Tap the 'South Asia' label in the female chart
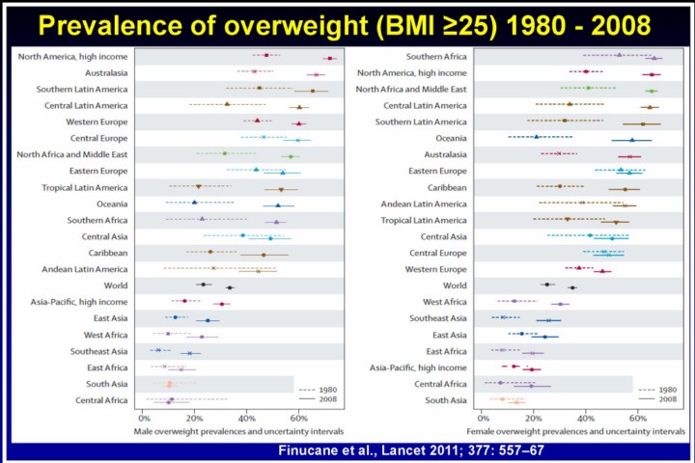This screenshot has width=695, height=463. point(446,399)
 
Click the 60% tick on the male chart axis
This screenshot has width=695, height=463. point(298,418)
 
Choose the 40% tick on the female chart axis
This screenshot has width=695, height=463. point(586,418)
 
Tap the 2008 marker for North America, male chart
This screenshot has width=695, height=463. point(329,58)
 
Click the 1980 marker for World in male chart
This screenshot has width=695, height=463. point(204,285)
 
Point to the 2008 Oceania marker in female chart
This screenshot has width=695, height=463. point(631,140)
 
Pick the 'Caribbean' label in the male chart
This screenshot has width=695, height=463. point(107,252)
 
